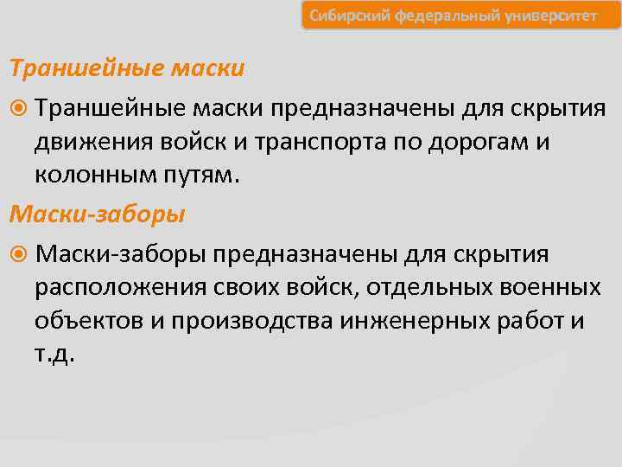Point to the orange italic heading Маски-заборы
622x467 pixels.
97,212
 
